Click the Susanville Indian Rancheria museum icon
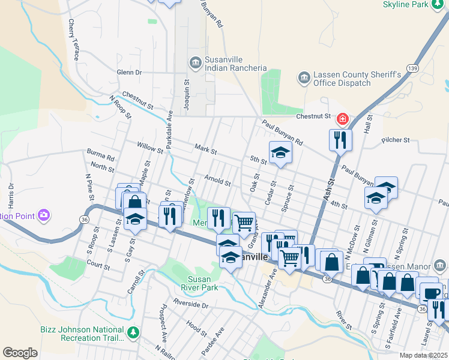click(195, 62)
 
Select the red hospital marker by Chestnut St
click(343, 119)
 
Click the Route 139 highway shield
click(413, 68)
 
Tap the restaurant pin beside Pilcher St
click(340, 140)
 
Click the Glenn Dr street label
click(129, 72)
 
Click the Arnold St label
click(217, 180)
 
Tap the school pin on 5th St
click(280, 153)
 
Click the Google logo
click(20, 353)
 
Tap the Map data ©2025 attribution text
click(423, 355)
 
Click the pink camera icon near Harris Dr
click(43, 215)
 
